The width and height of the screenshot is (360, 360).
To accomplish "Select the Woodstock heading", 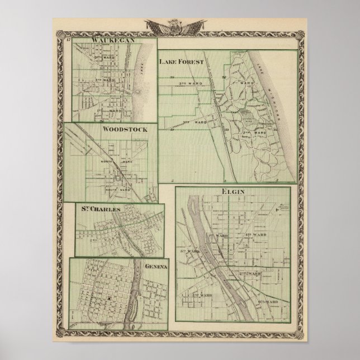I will [125, 129].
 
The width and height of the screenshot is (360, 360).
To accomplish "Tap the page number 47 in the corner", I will [67, 40].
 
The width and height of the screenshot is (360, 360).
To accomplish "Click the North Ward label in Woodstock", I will [107, 162].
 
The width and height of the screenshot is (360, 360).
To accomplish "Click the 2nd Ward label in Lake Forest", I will [253, 132].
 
